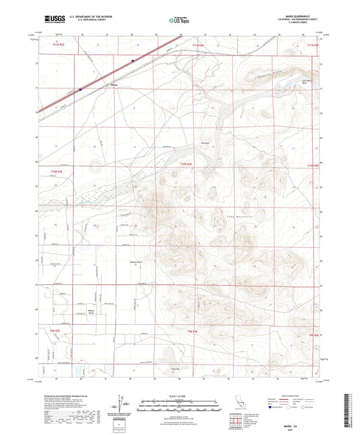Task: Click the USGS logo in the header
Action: [51, 20]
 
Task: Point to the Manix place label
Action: [115, 85]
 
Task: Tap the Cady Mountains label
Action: [229, 215]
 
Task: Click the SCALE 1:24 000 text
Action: [180, 395]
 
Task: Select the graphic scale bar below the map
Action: [180, 403]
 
